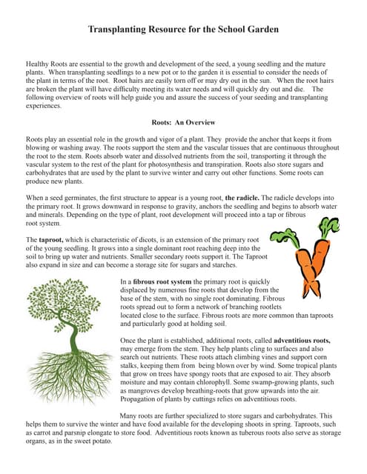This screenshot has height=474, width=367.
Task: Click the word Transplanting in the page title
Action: pos(122,30)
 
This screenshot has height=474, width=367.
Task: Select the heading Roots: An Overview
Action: pos(183,121)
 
